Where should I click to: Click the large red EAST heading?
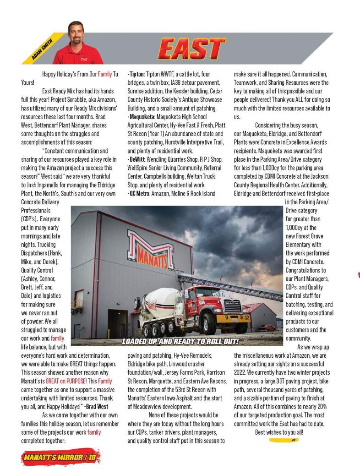(x=192, y=49)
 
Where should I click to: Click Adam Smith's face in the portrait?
(x=76, y=33)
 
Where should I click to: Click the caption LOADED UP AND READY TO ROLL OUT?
(x=180, y=342)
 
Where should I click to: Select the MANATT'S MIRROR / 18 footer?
(x=60, y=457)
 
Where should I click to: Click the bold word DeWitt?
(x=137, y=158)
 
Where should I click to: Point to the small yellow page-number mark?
(x=284, y=440)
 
